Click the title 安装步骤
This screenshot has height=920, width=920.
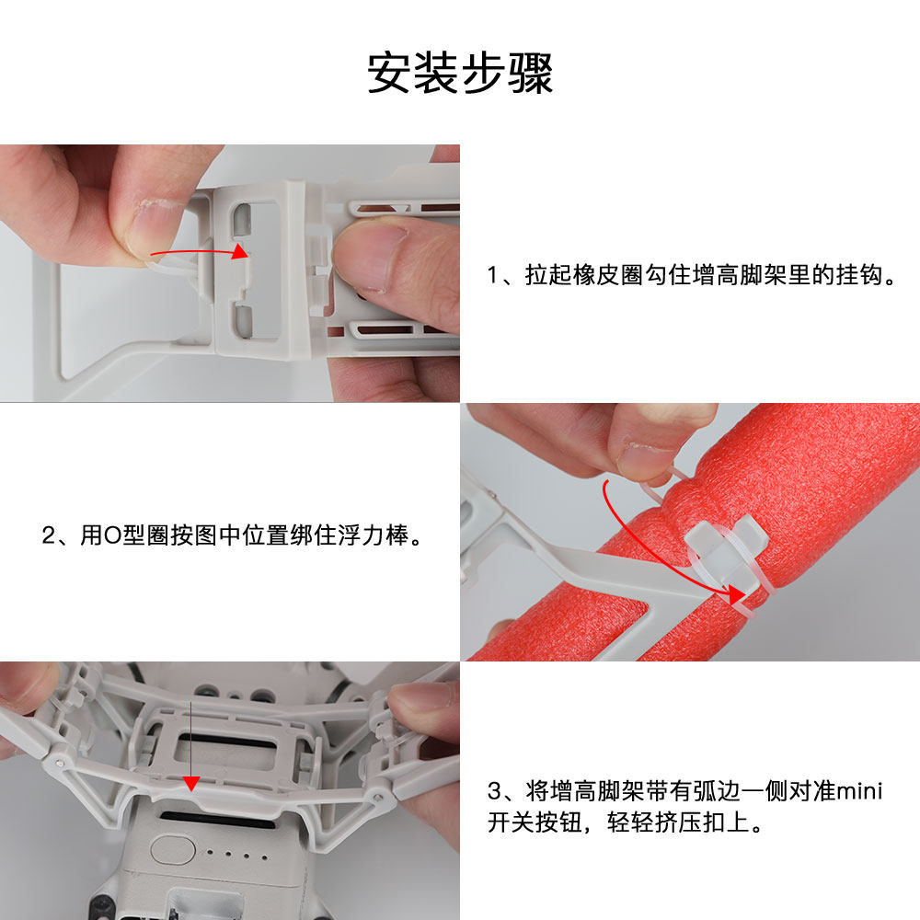tap(460, 73)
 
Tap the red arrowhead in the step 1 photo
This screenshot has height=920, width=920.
tap(239, 251)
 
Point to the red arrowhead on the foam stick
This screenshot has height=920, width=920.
tap(736, 595)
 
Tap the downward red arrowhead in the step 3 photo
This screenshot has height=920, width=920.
tap(191, 783)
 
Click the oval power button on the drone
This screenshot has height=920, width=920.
tap(173, 849)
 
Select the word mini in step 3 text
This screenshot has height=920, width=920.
tap(859, 791)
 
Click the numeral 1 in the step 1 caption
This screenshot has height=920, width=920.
tap(493, 275)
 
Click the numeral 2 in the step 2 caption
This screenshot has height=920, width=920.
tap(49, 535)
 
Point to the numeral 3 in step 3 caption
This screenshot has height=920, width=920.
tap(494, 791)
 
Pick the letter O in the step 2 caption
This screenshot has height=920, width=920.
tap(111, 535)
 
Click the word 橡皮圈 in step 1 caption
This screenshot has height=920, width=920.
tap(608, 274)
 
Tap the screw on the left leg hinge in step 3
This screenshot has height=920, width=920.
tap(61, 763)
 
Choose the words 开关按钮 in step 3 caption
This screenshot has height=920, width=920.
tap(535, 822)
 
